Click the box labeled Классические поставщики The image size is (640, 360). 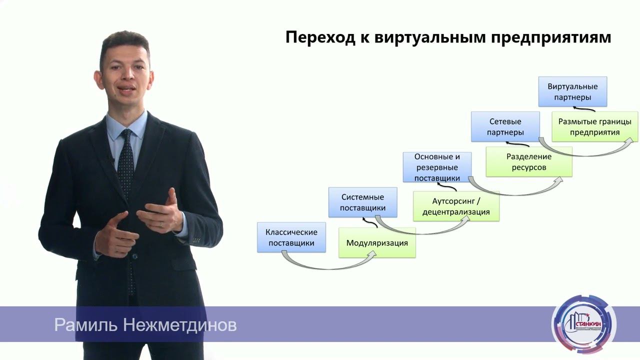coord(291,237)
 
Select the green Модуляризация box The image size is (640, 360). coord(377,243)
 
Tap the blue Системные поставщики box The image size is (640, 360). coord(362,202)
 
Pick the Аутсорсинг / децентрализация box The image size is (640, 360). coord(456,206)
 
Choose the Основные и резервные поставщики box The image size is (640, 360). coord(437,167)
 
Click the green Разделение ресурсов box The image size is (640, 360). coord(528,161)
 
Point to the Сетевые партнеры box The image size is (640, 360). coord(505,126)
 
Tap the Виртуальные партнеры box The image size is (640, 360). coord(572,91)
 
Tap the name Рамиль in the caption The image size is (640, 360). coord(85,325)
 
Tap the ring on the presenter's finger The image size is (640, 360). coord(160,224)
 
